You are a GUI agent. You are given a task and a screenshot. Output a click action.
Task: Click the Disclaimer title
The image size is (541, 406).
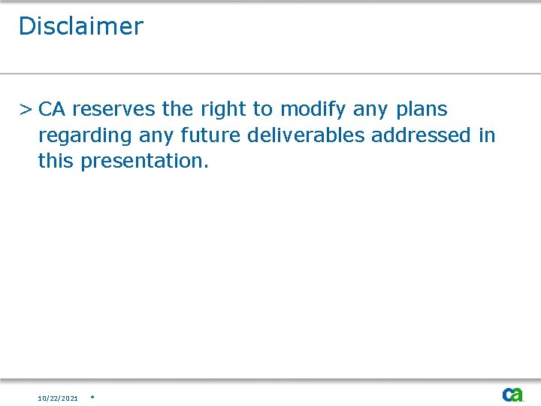pos(80,26)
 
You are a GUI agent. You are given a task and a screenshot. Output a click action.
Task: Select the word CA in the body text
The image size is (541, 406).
pos(52,110)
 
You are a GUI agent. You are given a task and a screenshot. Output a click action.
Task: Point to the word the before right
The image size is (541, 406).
pos(177,110)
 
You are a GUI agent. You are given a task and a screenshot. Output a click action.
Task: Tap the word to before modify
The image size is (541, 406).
pos(262,110)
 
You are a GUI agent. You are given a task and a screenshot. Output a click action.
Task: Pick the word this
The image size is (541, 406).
pos(56,161)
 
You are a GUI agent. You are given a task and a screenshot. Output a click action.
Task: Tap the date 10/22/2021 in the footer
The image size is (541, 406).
pos(58,398)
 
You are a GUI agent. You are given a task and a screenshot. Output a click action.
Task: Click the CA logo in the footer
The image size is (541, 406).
pos(512,395)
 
